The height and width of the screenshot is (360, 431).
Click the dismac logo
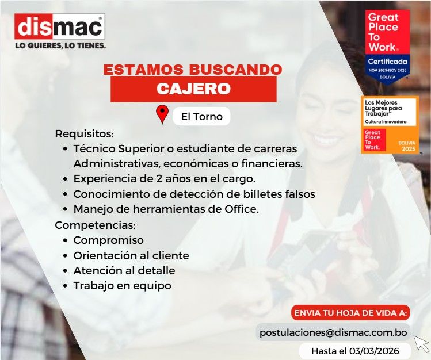59,26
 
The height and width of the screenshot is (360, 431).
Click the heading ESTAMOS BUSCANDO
193,70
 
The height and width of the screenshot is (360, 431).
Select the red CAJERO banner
193,89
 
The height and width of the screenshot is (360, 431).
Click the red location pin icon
162,114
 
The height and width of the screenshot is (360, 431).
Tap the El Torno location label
201,116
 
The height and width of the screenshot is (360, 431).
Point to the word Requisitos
84,134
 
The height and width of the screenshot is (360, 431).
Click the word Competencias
94,225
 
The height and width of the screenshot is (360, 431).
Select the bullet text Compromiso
108,240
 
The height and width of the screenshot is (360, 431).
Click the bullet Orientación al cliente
131,255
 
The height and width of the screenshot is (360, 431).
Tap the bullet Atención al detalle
124,270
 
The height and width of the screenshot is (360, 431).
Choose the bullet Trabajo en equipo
122,285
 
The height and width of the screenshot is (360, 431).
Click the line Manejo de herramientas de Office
166,209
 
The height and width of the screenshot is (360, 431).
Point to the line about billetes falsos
194,194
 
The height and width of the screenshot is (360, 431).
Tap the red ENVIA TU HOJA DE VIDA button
350,313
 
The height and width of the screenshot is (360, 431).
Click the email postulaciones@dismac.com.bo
333,332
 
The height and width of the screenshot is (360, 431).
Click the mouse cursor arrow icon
422,343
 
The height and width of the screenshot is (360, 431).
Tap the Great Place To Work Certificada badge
388,47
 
